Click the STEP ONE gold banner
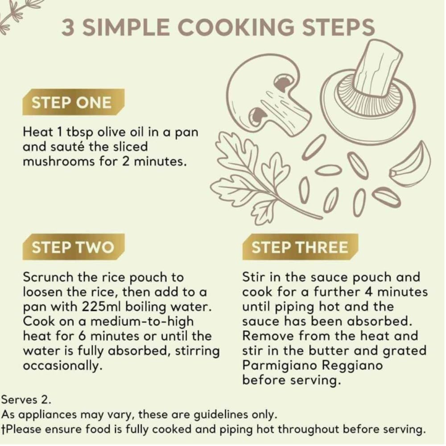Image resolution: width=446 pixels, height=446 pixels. [x=74, y=102]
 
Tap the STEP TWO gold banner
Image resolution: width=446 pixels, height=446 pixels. [x=74, y=247]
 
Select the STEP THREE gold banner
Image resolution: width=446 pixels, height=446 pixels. [x=300, y=247]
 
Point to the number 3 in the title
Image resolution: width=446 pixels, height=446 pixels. [x=68, y=27]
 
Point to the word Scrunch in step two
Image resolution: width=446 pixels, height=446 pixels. [x=48, y=277]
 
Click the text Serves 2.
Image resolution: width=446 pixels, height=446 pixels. [x=26, y=400]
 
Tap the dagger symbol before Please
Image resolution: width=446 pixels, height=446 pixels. [x=3, y=429]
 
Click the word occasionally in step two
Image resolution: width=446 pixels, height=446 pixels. [x=62, y=366]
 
